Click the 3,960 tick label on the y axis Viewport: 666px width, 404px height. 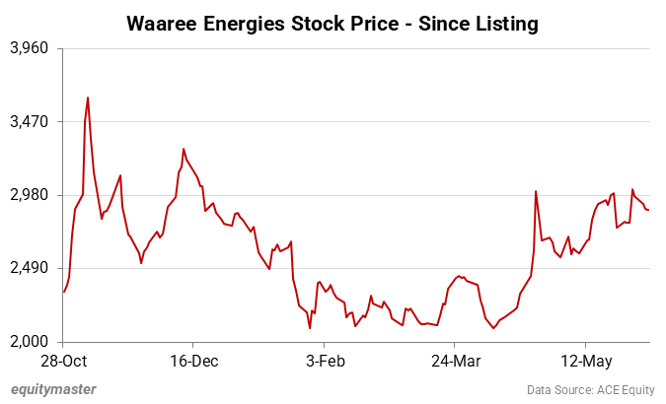coord(30,48)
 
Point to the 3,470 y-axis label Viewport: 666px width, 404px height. coord(30,122)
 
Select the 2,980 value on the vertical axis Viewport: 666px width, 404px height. coord(30,195)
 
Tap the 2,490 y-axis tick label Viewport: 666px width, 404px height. coord(30,269)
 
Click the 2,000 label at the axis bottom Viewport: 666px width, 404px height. coord(30,342)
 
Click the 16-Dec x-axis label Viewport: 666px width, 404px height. coord(193,361)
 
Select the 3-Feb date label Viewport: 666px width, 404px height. coord(325,361)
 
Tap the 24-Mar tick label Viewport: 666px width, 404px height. coord(455,361)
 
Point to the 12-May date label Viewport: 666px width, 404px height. coord(585,361)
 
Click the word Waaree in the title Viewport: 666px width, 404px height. coord(164,23)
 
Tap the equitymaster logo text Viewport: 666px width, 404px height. coord(54,389)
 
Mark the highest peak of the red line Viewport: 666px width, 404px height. coord(88,98)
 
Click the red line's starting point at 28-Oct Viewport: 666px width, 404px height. coord(63,292)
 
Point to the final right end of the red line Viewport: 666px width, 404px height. coord(648,210)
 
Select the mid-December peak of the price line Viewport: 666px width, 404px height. coord(184,149)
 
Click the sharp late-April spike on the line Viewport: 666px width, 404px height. coord(535,191)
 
